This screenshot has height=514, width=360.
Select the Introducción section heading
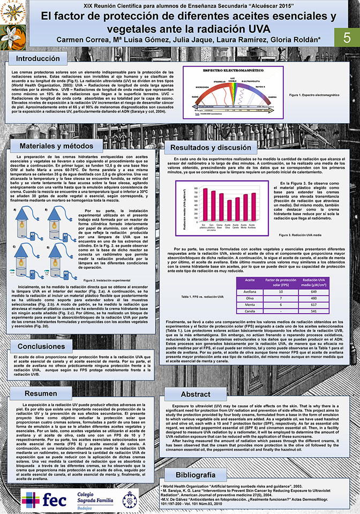[37, 58]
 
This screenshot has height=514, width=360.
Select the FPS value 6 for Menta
[281, 304]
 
